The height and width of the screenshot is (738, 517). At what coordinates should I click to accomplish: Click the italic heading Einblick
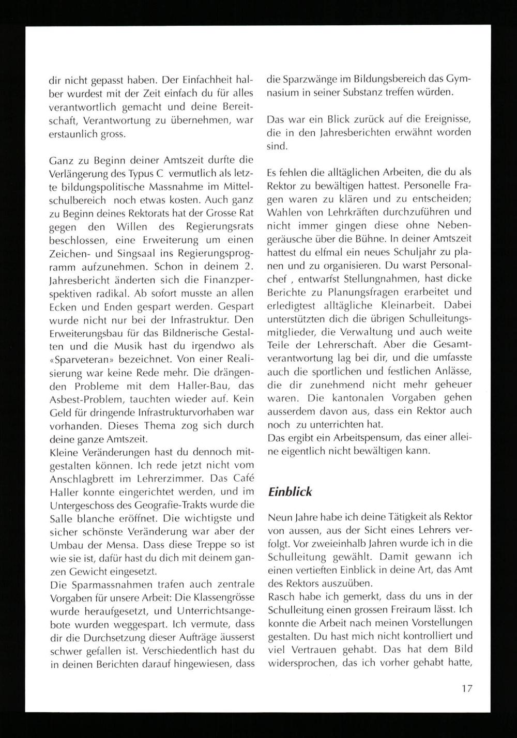pyautogui.click(x=290, y=491)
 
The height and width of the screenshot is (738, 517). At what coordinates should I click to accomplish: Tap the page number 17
pyautogui.click(x=466, y=688)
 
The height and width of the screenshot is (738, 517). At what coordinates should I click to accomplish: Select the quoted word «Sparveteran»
pyautogui.click(x=80, y=359)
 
